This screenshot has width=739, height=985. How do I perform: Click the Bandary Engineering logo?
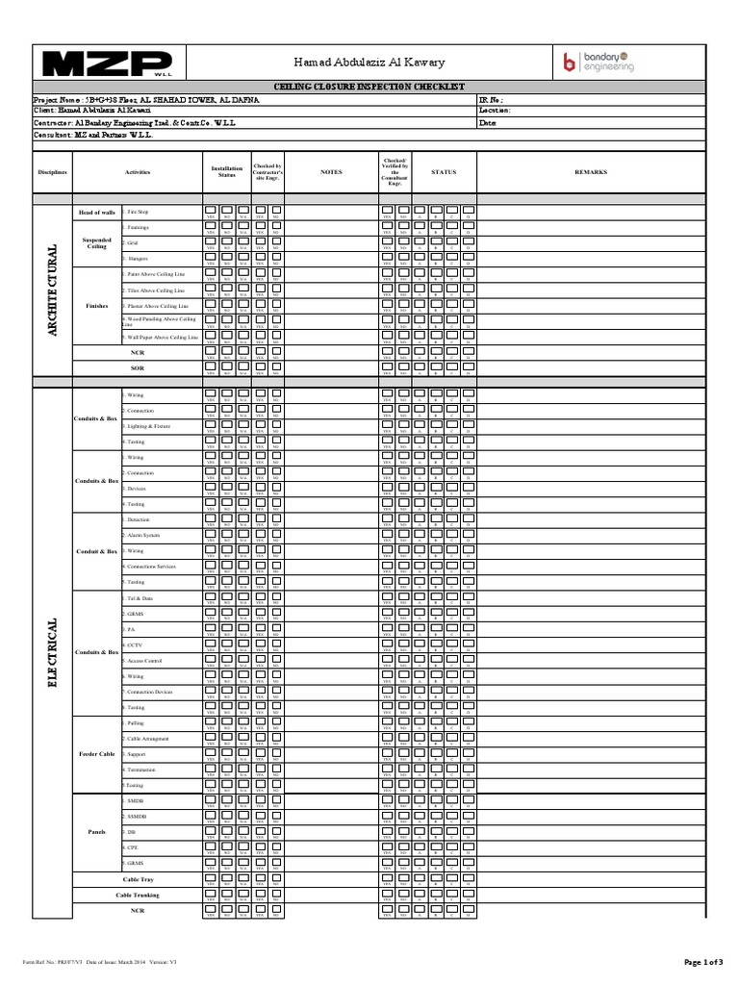[599, 63]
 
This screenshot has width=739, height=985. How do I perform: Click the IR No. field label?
[491, 99]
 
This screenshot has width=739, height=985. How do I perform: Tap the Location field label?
[495, 111]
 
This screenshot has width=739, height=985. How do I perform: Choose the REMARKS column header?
[591, 172]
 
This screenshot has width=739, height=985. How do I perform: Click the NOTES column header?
[331, 172]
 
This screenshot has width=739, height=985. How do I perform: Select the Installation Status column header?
[227, 172]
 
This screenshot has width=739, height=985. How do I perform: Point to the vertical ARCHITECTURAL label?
[52, 290]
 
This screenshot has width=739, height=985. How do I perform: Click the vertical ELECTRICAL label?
[52, 653]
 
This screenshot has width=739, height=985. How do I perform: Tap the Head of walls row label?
[96, 212]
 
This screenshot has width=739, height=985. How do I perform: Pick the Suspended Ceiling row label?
[96, 242]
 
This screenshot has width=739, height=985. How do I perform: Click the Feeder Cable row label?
[96, 754]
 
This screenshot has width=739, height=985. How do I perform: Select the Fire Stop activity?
[139, 212]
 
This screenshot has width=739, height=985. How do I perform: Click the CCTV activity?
[134, 644]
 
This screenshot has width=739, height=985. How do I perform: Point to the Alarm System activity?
[143, 536]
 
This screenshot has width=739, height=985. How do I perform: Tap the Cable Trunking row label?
[138, 895]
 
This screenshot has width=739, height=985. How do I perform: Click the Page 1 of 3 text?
[707, 962]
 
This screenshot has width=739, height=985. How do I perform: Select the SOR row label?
[137, 367]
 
